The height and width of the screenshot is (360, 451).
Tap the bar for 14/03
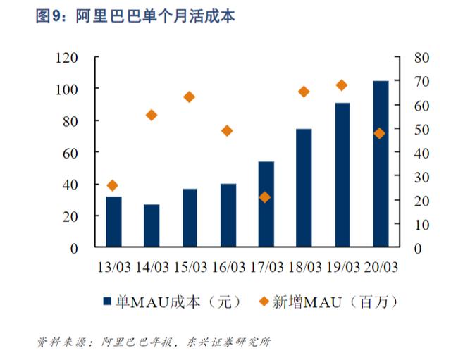(152, 226)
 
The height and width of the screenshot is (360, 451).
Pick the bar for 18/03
(304, 188)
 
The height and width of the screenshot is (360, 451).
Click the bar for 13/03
(113, 222)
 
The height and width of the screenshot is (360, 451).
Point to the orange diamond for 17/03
(265, 197)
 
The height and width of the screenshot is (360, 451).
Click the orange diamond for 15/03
(189, 97)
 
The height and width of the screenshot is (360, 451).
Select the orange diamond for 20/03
(380, 133)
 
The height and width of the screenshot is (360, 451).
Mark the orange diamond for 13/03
(113, 185)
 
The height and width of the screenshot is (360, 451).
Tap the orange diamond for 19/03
(342, 85)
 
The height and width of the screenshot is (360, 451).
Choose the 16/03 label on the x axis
(228, 268)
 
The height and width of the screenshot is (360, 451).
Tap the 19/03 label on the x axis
(342, 268)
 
